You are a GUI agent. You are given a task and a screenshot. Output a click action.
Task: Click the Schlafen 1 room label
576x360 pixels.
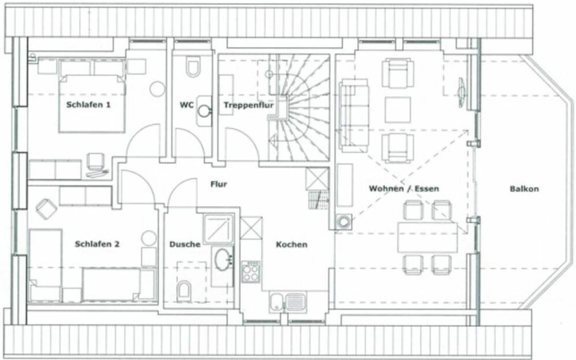[x=88, y=105]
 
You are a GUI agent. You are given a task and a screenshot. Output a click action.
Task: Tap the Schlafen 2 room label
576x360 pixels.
[x=97, y=244]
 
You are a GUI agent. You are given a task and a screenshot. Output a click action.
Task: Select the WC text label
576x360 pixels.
[x=186, y=105]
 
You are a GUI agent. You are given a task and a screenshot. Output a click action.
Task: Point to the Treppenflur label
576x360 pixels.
[x=249, y=105]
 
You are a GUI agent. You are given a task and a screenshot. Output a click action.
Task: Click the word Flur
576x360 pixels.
[x=219, y=184]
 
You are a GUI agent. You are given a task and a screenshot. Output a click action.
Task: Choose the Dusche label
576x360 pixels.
[x=185, y=244]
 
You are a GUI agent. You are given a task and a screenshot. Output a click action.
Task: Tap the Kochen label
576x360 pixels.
[x=292, y=244]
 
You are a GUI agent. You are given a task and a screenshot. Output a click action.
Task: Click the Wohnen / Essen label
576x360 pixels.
[x=404, y=189]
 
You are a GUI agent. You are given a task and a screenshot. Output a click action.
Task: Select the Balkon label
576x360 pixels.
[x=524, y=189]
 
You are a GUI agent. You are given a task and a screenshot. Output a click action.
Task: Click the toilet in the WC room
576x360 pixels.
[x=193, y=66]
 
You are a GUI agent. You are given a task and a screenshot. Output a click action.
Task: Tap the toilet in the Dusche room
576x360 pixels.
[x=184, y=290]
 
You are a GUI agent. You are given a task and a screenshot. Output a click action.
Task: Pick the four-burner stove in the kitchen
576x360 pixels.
[x=251, y=272]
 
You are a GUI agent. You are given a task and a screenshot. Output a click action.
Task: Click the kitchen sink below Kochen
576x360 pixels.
[x=288, y=303]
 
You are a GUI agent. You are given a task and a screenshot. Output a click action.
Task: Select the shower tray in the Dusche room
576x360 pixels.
[x=219, y=229]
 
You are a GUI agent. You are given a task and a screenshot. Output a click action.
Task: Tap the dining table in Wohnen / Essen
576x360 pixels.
[x=428, y=237]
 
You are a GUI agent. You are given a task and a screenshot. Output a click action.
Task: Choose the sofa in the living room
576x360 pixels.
[x=354, y=115]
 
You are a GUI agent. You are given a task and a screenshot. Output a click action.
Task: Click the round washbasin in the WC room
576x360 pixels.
[x=203, y=111]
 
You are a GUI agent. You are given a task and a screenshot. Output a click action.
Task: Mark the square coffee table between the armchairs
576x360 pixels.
[x=398, y=110]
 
